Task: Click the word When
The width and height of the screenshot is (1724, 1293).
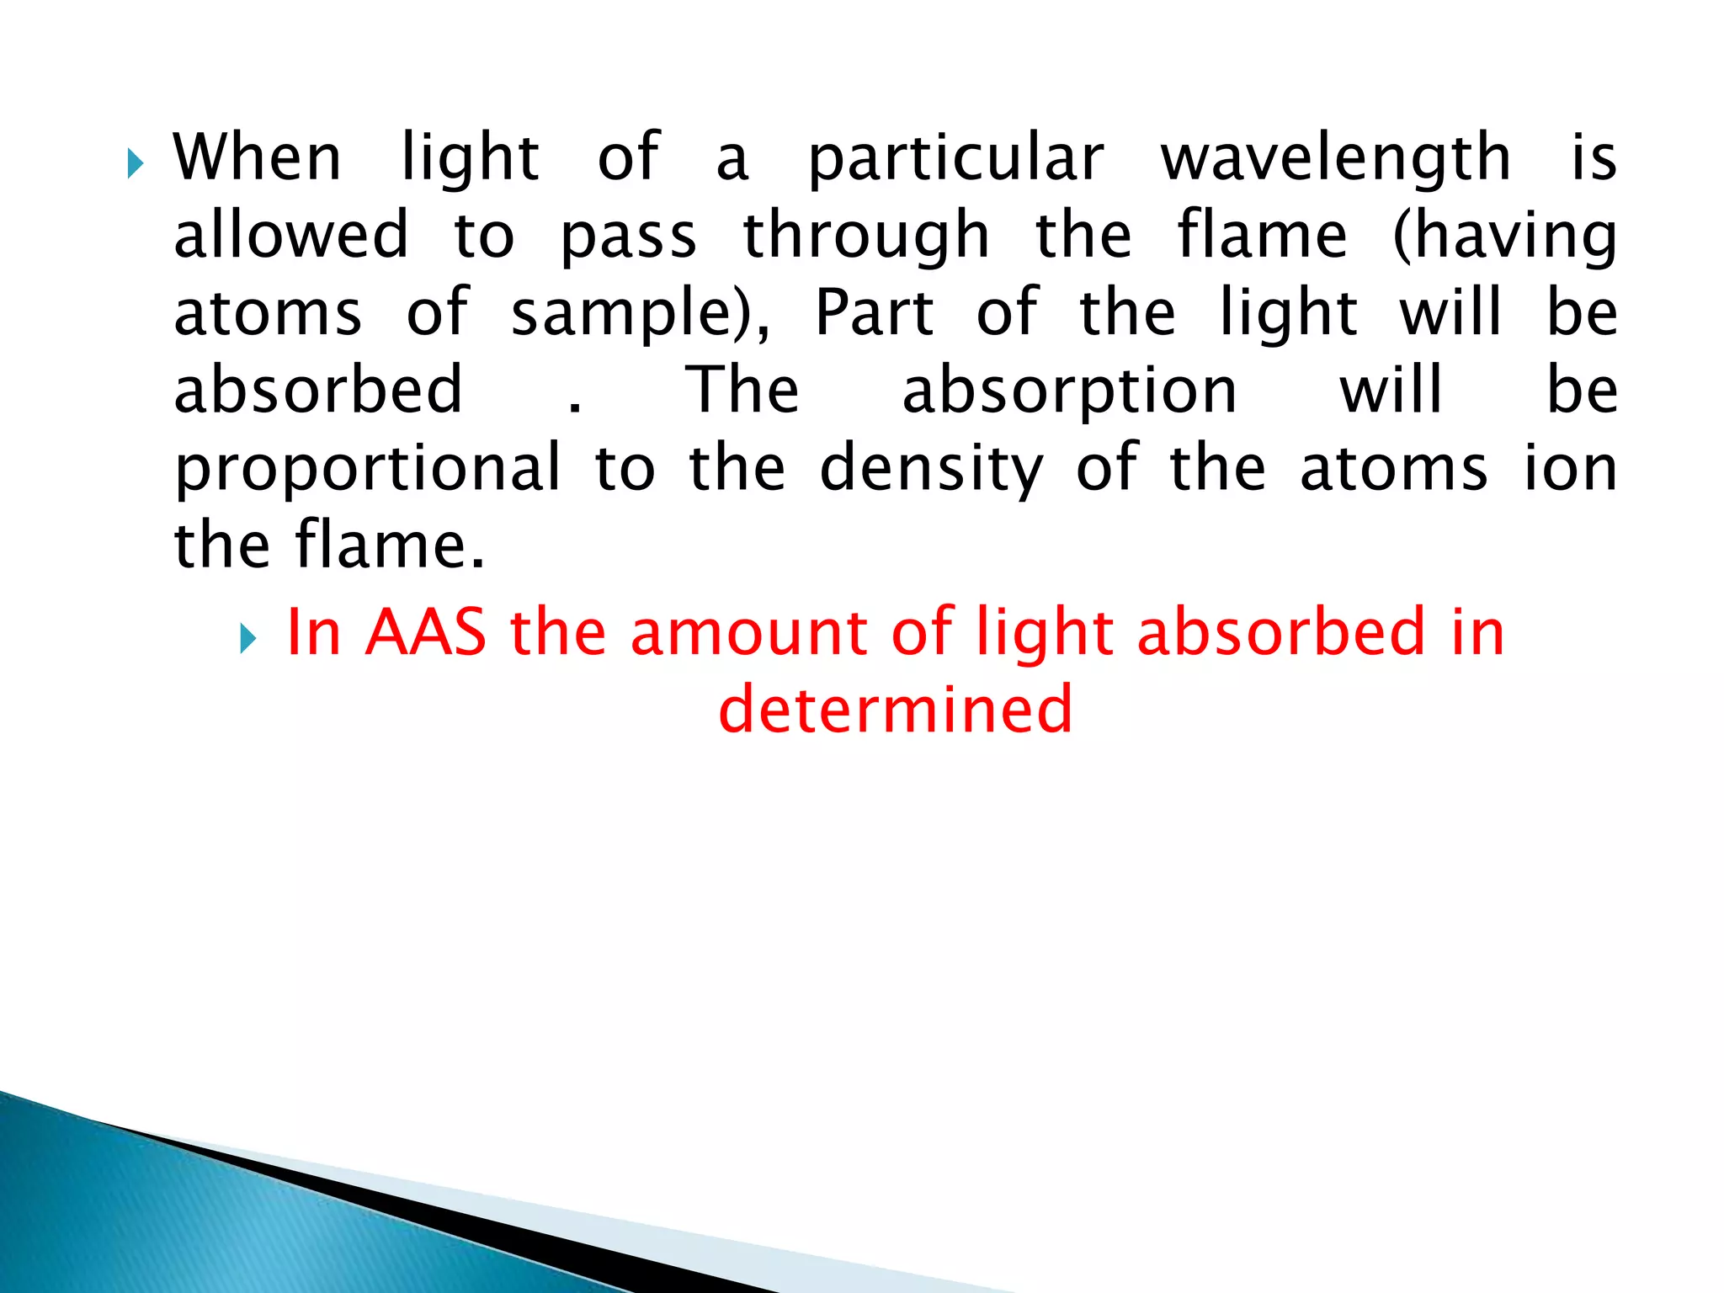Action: [257, 157]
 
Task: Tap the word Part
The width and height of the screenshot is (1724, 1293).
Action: [875, 312]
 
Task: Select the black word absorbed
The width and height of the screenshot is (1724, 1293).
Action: [318, 390]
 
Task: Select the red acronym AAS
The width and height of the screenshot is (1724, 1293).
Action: [426, 632]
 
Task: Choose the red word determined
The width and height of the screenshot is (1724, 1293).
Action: [896, 709]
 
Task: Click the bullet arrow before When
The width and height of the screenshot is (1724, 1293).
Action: [135, 162]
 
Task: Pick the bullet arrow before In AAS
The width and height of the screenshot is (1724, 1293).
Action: [247, 638]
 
